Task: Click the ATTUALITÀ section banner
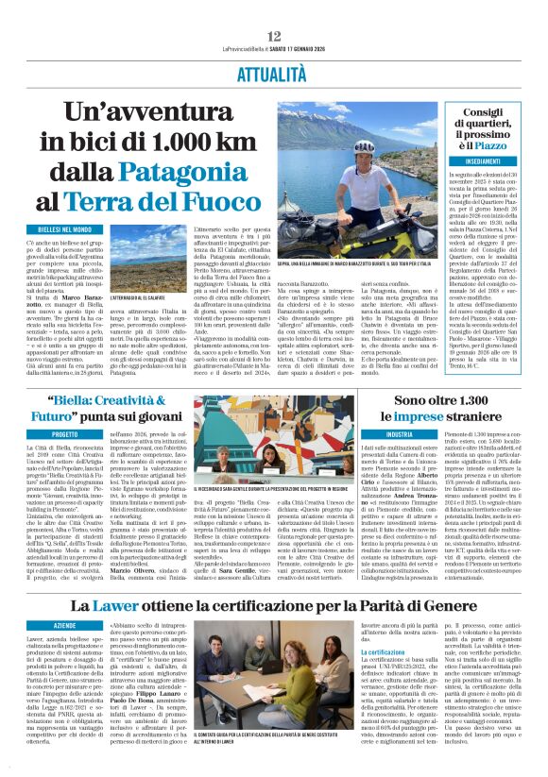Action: pos(273,73)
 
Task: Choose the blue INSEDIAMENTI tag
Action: pos(483,161)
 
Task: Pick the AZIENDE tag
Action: pos(63,626)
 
